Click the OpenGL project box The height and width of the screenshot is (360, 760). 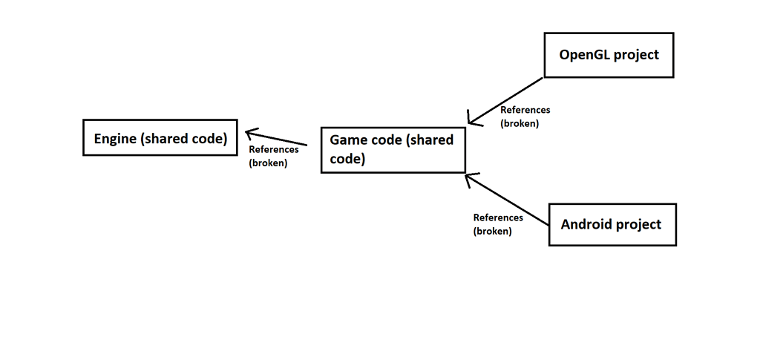[609, 55]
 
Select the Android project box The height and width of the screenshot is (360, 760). [612, 224]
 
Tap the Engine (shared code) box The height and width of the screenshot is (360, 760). [160, 138]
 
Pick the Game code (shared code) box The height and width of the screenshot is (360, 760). [393, 150]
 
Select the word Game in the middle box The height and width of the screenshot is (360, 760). [347, 140]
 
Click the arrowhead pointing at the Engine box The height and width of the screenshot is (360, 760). [250, 133]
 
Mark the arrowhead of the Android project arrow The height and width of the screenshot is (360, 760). [469, 177]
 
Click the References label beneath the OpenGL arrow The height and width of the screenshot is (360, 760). [525, 110]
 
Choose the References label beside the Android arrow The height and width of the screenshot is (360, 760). [498, 217]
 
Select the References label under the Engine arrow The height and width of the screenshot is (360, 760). [273, 150]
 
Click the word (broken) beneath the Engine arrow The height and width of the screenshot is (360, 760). [268, 163]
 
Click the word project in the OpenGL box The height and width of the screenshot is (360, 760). [635, 55]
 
